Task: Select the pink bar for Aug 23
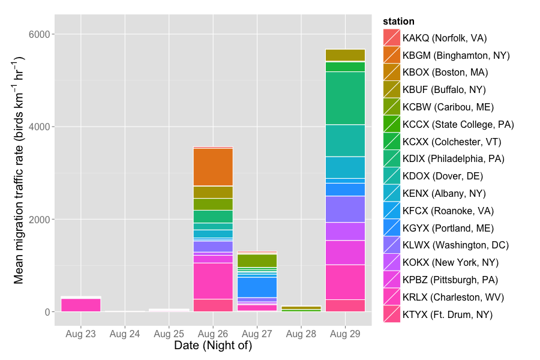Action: coord(81,304)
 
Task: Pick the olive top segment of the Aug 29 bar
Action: coord(345,55)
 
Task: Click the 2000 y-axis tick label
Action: coord(40,220)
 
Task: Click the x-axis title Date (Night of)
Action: coord(212,346)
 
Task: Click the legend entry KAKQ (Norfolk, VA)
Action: coord(445,38)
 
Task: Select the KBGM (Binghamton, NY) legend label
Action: coord(456,55)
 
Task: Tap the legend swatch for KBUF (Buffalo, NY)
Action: coord(391,89)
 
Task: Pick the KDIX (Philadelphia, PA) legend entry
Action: coord(454,159)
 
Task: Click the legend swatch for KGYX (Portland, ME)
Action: coord(391,228)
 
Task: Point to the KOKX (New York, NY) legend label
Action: coord(451,262)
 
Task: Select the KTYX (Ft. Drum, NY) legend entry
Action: coord(448,314)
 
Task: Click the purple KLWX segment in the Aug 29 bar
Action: coord(345,209)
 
